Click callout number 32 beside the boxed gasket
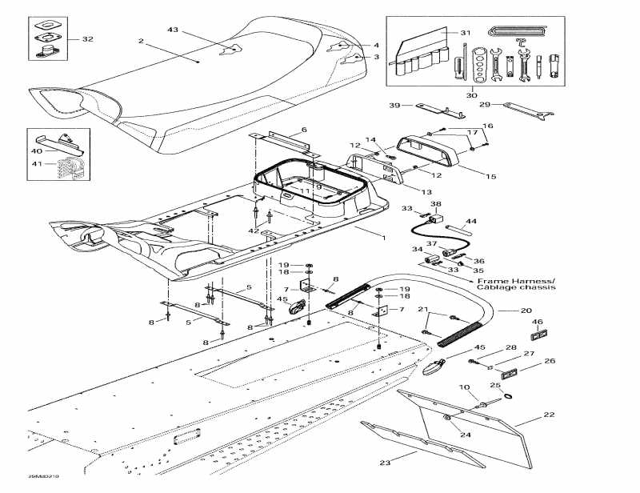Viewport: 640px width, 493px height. (87, 39)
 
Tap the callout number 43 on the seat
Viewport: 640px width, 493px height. (173, 30)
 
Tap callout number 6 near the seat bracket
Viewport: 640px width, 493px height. (304, 130)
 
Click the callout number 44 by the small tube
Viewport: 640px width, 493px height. (470, 221)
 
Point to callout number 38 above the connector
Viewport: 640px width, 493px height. (435, 204)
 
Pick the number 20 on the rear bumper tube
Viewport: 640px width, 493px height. (526, 311)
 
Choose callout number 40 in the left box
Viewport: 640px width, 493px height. (37, 151)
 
